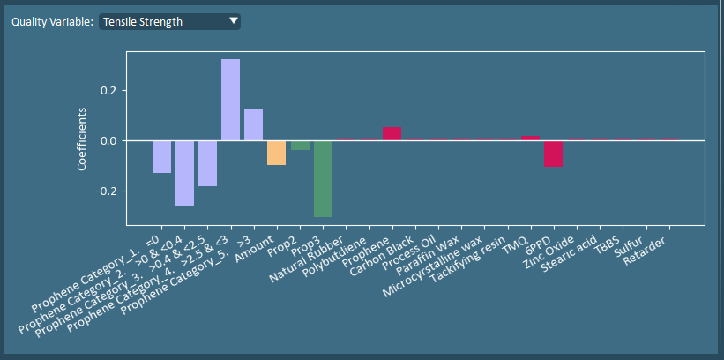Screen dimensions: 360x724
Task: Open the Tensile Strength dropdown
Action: click(x=168, y=21)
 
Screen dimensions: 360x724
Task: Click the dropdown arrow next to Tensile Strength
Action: click(x=233, y=20)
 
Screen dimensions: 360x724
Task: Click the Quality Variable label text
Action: click(x=52, y=21)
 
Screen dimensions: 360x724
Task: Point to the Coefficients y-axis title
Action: click(x=82, y=139)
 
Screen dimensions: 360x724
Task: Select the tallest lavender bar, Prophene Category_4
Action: click(x=230, y=100)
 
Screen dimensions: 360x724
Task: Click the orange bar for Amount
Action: click(x=276, y=153)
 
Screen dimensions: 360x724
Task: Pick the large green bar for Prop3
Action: click(x=323, y=178)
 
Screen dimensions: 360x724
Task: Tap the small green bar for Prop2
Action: click(x=300, y=146)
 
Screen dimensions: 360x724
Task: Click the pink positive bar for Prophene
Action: click(x=392, y=133)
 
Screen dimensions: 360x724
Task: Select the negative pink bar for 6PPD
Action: click(x=553, y=154)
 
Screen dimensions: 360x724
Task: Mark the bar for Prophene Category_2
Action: click(x=184, y=173)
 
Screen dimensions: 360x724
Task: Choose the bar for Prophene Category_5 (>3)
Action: click(x=253, y=124)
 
